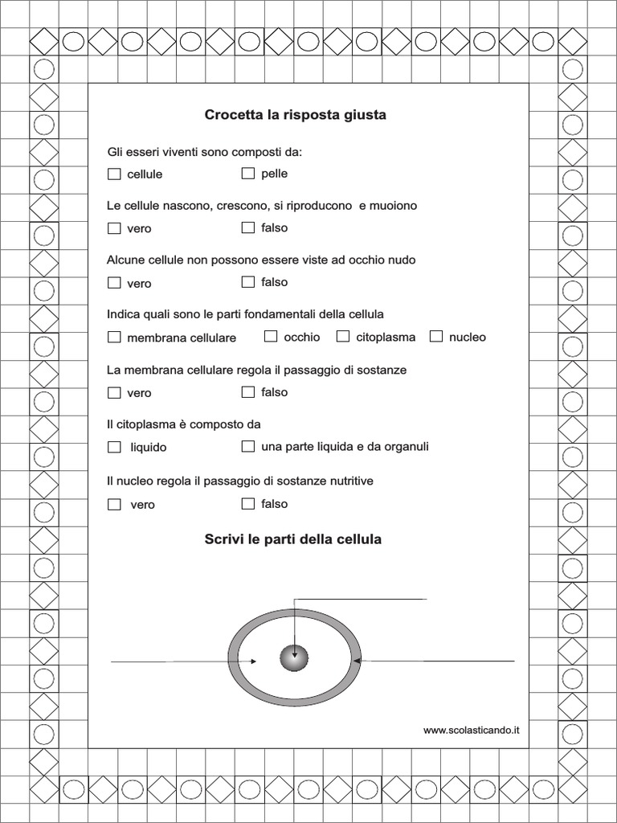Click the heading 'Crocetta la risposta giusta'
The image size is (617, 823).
(295, 115)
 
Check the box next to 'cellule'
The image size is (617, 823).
(114, 174)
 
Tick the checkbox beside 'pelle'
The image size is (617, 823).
(248, 173)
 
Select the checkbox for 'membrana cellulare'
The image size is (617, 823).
(114, 337)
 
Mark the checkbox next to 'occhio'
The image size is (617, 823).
(271, 336)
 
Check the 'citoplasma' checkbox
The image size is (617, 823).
(343, 336)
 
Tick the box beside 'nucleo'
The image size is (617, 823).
(436, 336)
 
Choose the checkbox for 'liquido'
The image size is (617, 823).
(114, 446)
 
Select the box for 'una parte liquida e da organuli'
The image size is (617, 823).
(248, 445)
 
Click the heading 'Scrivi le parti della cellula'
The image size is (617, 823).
(293, 539)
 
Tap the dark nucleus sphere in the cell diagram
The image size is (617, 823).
(294, 658)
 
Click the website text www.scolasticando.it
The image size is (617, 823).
(472, 730)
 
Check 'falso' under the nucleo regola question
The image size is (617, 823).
(248, 503)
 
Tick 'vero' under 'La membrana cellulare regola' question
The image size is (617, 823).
(114, 392)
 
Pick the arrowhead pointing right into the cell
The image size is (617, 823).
(253, 661)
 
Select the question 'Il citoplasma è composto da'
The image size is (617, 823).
(184, 424)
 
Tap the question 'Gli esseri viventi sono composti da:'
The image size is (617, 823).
(205, 152)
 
